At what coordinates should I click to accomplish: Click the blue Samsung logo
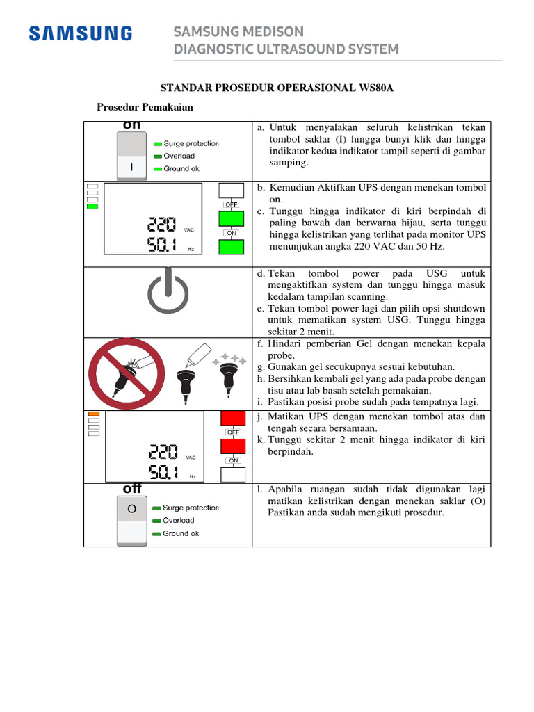80,33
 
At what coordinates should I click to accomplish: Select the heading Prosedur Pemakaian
145,108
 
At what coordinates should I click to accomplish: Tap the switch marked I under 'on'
131,168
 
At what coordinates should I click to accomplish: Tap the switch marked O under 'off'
131,509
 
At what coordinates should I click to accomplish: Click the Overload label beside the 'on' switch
179,156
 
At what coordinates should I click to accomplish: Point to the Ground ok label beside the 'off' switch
180,533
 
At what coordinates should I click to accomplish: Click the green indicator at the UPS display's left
92,207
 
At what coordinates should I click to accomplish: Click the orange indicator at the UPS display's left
92,414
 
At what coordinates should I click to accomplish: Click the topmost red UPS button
232,419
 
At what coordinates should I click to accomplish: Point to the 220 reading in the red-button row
162,453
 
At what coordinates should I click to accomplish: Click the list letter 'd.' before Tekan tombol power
261,273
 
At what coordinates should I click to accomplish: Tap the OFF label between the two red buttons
232,432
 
